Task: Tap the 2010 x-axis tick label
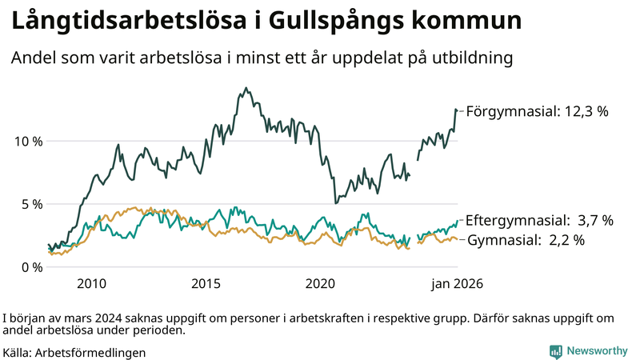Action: (x=91, y=283)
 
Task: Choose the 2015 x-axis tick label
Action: (x=206, y=283)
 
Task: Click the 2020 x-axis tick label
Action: (x=320, y=283)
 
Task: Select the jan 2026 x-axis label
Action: (x=458, y=283)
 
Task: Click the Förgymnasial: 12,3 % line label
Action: (x=537, y=112)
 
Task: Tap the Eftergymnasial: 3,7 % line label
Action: (x=539, y=220)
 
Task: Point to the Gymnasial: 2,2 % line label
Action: (x=526, y=240)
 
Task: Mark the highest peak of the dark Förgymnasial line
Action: (x=246, y=88)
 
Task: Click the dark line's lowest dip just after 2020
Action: (x=336, y=203)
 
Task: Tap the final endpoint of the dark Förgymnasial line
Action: (x=457, y=110)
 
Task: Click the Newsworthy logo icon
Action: (x=555, y=351)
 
